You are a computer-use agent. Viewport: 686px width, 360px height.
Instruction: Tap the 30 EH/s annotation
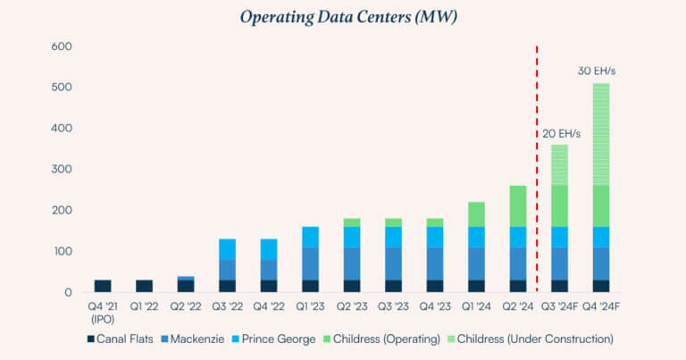[595, 71]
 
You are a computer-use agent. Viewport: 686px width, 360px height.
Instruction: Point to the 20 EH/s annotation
[561, 134]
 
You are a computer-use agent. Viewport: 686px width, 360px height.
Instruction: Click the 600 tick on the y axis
[61, 46]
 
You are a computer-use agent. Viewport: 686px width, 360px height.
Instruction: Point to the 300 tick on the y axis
[61, 170]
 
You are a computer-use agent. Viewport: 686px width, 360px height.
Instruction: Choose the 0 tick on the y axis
[67, 293]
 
